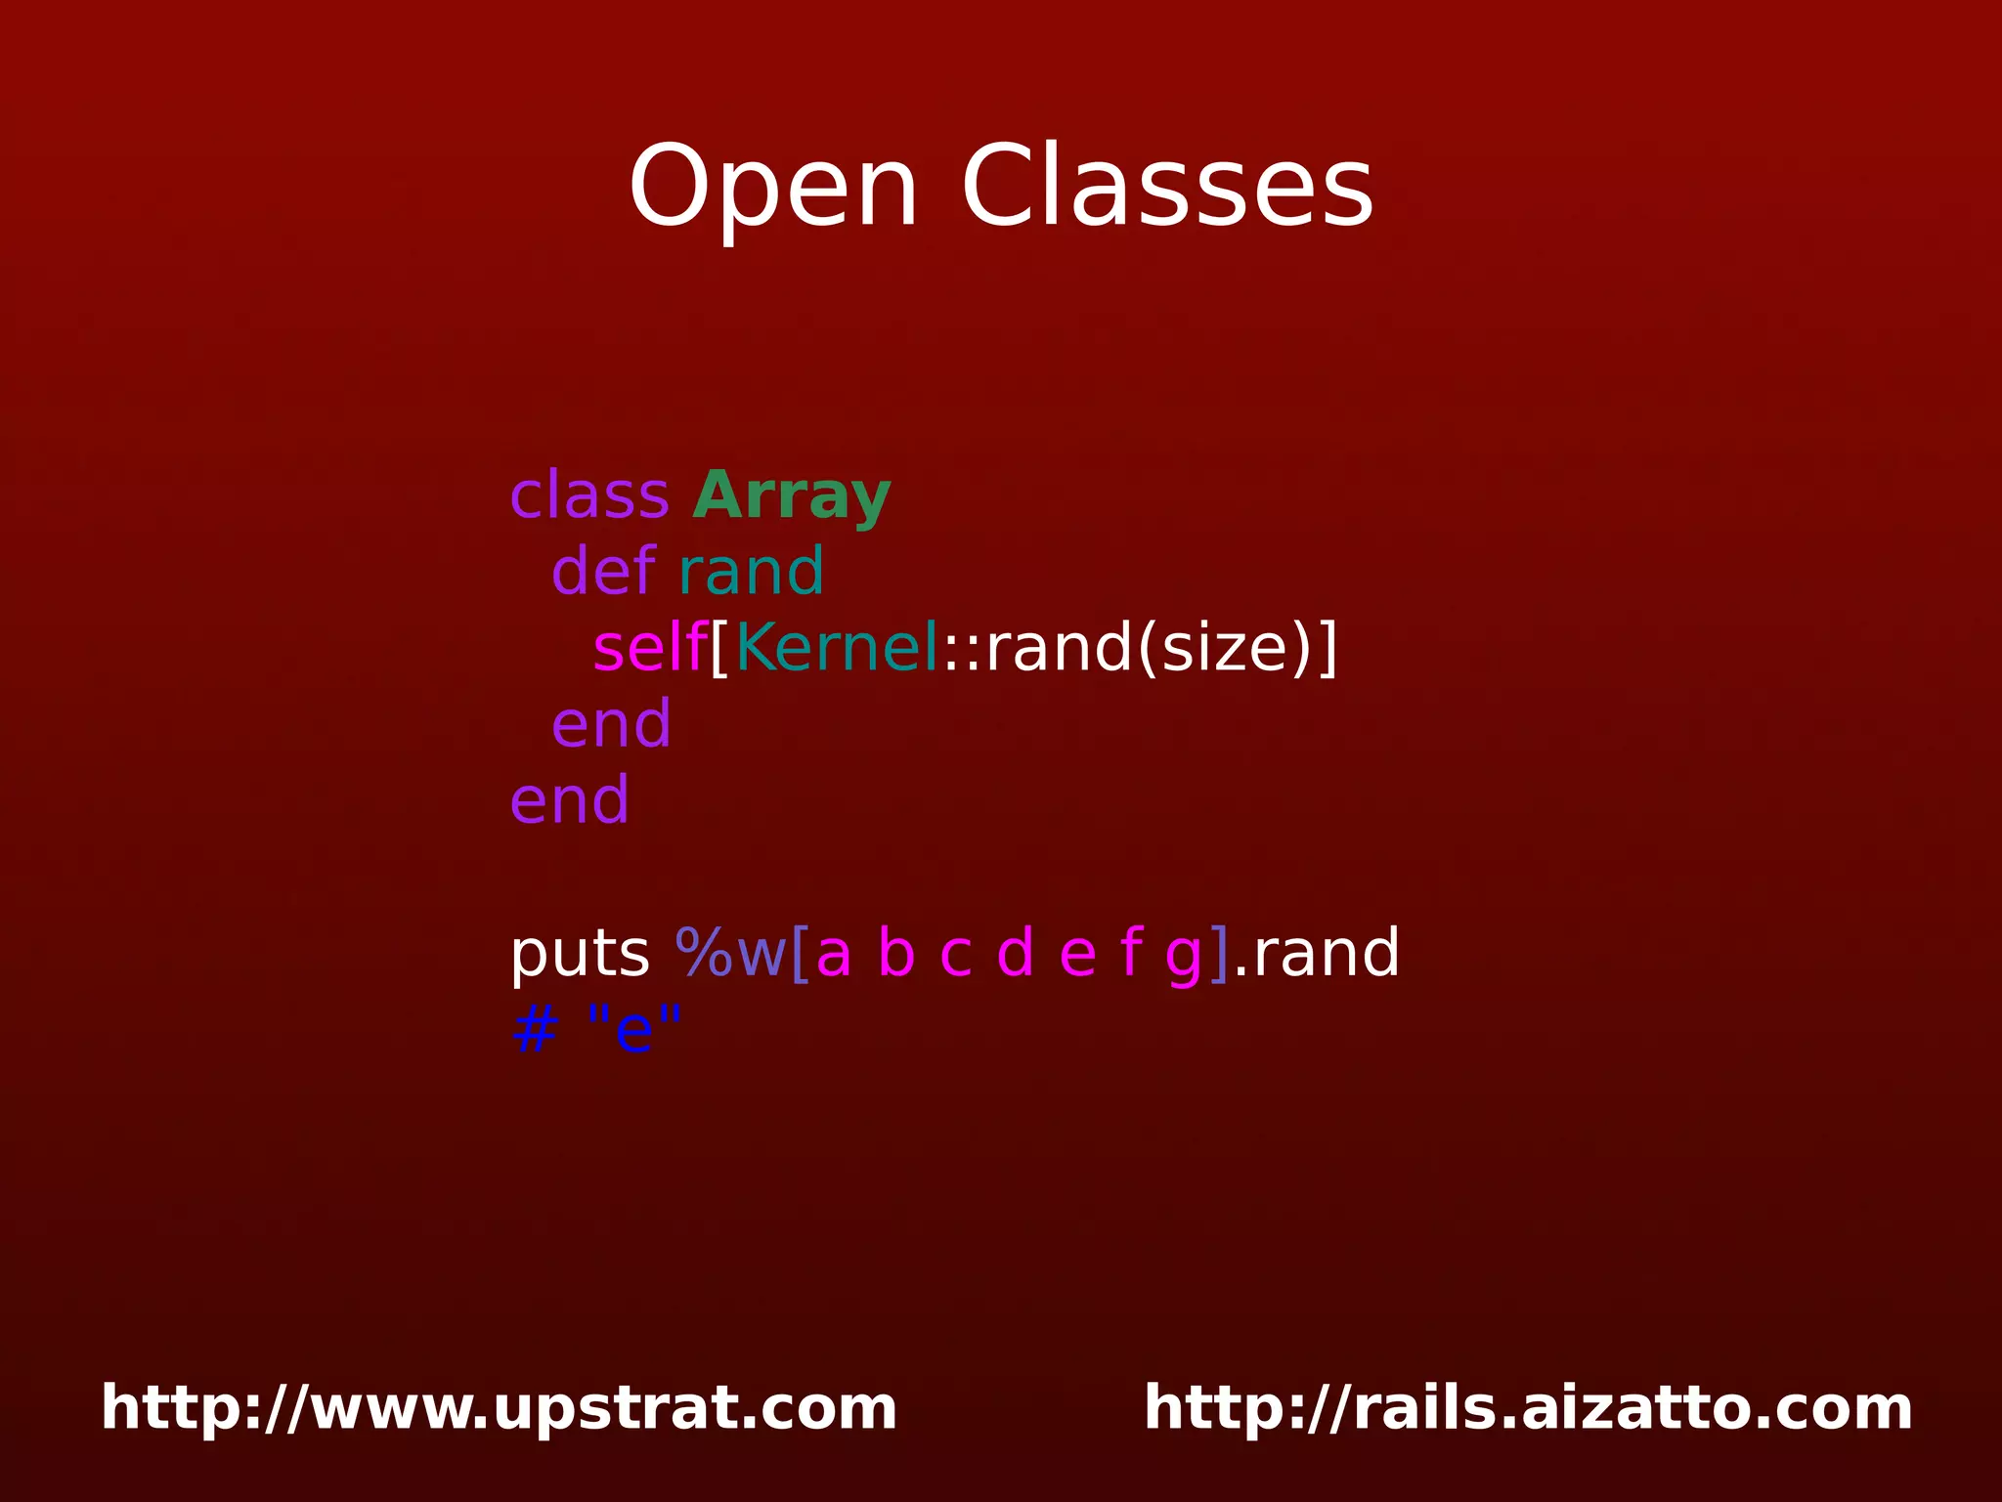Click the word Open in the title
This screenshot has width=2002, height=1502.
click(772, 188)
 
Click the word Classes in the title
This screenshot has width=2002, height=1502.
click(1167, 188)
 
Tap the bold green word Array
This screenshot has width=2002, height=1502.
click(791, 496)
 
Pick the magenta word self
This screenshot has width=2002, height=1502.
click(649, 647)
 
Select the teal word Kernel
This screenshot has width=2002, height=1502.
click(837, 647)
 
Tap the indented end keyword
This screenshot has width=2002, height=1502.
click(611, 724)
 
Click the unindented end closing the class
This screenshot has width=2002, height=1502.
click(569, 800)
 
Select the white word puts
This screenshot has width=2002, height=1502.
click(579, 954)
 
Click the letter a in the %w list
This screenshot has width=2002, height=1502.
click(833, 954)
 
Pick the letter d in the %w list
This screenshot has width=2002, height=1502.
click(1015, 953)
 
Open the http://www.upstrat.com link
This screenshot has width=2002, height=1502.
click(499, 1408)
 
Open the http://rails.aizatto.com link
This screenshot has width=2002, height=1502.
click(1528, 1408)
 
